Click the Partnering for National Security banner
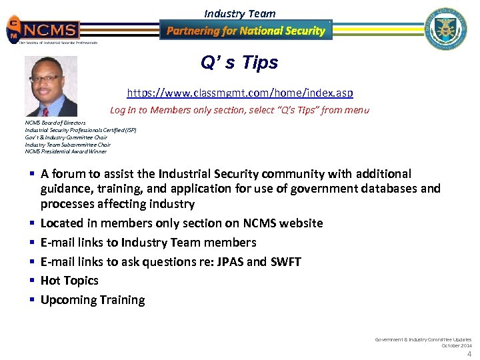click(x=246, y=30)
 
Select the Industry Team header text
click(x=239, y=13)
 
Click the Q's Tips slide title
click(x=239, y=63)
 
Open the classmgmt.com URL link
click(x=240, y=93)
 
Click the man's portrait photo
click(x=51, y=86)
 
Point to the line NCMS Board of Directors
click(x=55, y=123)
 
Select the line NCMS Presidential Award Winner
click(x=65, y=151)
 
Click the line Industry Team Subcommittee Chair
click(x=67, y=144)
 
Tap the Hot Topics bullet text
click(x=69, y=281)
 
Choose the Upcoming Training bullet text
click(x=93, y=300)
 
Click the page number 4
click(x=469, y=354)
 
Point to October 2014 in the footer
click(x=456, y=345)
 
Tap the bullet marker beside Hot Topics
click(x=31, y=281)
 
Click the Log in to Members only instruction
click(x=239, y=110)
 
